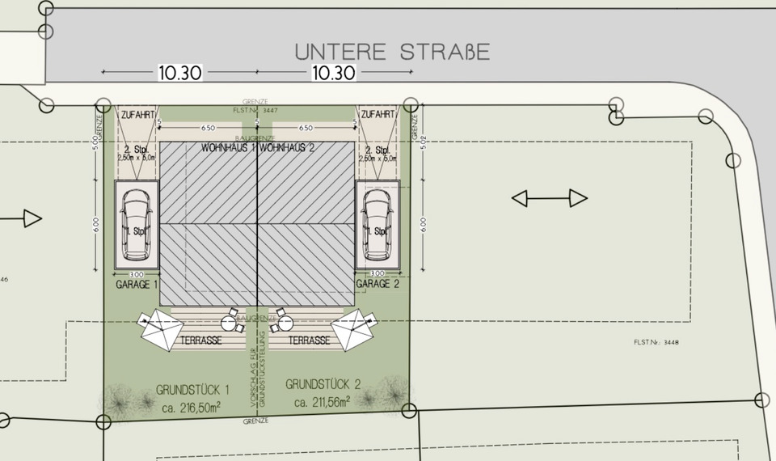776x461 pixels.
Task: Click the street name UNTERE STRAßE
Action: click(392, 52)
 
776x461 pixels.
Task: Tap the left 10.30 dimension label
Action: click(179, 73)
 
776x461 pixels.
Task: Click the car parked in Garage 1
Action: click(137, 226)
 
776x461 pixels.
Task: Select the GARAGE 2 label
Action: click(379, 285)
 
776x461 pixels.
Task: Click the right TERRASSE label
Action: click(308, 341)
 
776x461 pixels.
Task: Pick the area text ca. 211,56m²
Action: click(322, 402)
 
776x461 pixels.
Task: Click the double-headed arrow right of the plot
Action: click(550, 198)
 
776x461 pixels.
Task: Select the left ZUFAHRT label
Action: click(137, 115)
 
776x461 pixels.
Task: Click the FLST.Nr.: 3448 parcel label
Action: click(656, 343)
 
